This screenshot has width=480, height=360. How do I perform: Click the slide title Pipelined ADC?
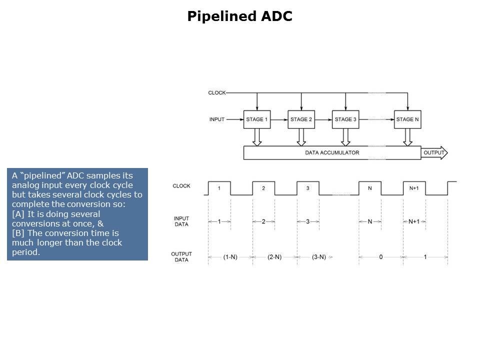(239, 16)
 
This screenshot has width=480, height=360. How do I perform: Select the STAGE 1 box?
(257, 119)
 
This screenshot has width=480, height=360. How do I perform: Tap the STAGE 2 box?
(301, 119)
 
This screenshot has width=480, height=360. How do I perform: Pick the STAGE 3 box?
(345, 119)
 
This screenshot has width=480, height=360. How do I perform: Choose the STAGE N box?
(407, 119)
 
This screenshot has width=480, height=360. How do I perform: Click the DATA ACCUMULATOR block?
(332, 152)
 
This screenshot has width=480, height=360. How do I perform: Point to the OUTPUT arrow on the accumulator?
(434, 152)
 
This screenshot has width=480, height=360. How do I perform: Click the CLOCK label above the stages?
(217, 93)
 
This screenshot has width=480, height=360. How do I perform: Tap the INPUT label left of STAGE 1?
(217, 119)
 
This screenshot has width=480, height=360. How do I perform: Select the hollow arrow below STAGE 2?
(301, 137)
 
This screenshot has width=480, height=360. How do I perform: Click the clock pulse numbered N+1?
(414, 188)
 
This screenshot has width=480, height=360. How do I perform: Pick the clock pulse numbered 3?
(307, 188)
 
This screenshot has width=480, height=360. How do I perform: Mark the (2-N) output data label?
(274, 257)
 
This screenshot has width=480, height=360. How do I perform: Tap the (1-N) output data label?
(230, 257)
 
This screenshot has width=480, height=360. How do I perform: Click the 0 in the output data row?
(380, 257)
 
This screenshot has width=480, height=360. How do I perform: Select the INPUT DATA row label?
(181, 221)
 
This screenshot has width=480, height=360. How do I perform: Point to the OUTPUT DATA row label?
(181, 257)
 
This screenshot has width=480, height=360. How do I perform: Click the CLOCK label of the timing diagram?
(181, 186)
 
